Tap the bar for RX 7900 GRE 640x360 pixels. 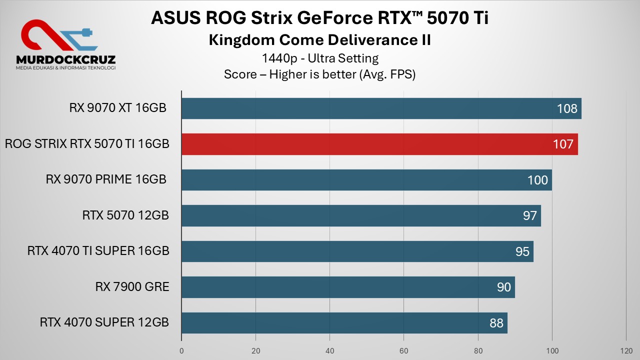tap(340, 287)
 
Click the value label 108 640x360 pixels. tap(567, 108)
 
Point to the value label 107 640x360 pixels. tap(563, 144)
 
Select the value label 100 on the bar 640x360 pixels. tap(538, 180)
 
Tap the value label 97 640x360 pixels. tap(530, 215)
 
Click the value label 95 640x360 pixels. tap(522, 251)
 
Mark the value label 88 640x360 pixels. tap(496, 323)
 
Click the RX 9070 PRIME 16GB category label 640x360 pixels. tap(106, 179)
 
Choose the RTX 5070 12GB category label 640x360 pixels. tap(125, 215)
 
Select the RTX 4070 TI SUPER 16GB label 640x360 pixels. tap(98, 251)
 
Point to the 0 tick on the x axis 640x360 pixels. tap(181, 350)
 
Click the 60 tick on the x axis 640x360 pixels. tap(404, 350)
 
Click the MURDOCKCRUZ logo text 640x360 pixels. tap(65, 59)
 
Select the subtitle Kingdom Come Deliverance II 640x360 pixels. tap(319, 40)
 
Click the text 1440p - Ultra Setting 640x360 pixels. tap(320, 58)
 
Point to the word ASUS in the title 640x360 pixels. tap(171, 18)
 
